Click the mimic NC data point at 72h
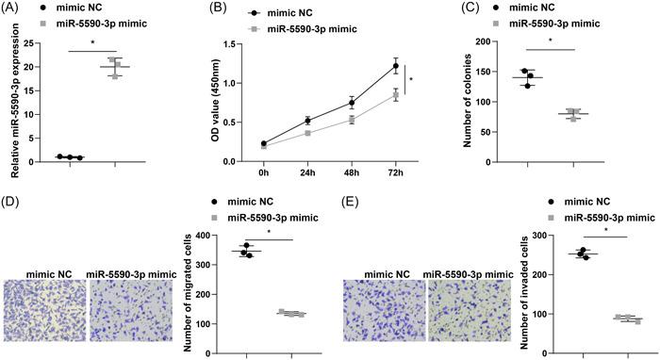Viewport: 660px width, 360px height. [x=395, y=66]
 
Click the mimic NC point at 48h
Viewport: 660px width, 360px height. [x=351, y=102]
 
